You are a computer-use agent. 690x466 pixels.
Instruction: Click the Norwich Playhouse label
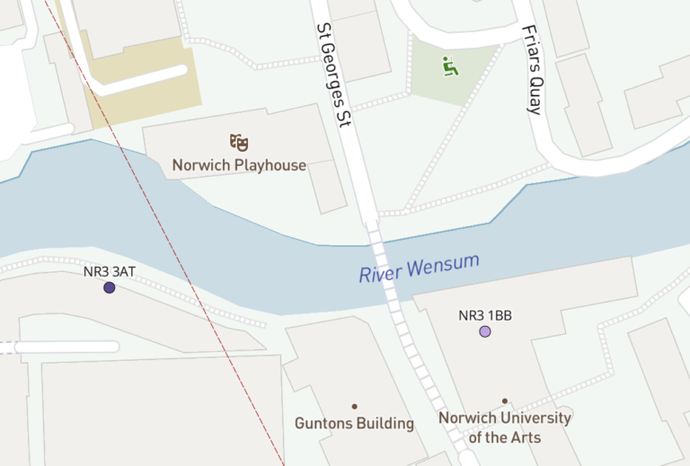[x=239, y=165]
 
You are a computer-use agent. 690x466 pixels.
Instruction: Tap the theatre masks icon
[x=239, y=142]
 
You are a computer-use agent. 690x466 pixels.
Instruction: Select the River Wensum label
[x=419, y=268]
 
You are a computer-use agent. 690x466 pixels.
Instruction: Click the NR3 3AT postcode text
[x=110, y=271]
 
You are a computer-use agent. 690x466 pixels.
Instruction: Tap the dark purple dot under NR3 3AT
[x=110, y=288]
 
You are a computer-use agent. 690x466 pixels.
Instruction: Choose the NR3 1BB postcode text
[x=485, y=315]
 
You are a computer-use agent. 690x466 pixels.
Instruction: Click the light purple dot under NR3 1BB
[x=485, y=331]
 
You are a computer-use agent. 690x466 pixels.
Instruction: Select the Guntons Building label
[x=354, y=423]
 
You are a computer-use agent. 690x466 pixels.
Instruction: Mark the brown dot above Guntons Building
[x=354, y=407]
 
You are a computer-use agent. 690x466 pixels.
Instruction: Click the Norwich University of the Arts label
[x=504, y=427]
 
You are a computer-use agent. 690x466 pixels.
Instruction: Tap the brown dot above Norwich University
[x=505, y=401]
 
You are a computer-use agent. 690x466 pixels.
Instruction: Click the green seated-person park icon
[x=447, y=66]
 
